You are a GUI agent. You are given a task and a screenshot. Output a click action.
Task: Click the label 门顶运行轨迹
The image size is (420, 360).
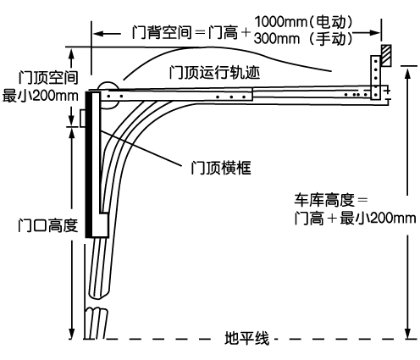tap(214, 73)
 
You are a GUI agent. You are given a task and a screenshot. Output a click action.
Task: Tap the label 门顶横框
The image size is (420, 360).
tap(221, 168)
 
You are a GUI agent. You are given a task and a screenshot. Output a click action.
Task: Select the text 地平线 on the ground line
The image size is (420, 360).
tap(246, 338)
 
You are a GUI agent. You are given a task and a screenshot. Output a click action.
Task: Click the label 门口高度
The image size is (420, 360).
tap(47, 225)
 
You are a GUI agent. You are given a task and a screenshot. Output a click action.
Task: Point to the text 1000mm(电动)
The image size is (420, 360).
tap(304, 22)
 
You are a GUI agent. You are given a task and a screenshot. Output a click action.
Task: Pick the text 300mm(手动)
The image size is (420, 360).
tap(303, 39)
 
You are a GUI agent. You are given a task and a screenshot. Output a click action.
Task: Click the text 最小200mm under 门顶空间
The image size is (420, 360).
tap(41, 96)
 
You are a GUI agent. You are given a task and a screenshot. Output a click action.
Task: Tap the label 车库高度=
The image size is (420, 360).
tap(331, 200)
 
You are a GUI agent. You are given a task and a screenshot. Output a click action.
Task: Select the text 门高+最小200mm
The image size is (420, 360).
tap(355, 219)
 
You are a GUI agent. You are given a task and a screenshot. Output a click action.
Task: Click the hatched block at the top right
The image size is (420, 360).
tap(386, 56)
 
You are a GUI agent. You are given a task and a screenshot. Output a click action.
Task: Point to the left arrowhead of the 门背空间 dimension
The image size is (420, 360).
tap(98, 34)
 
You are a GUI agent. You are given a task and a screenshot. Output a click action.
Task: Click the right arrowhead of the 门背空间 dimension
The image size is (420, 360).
tap(375, 33)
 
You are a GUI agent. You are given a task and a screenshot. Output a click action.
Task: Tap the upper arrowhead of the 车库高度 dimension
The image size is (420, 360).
tap(407, 73)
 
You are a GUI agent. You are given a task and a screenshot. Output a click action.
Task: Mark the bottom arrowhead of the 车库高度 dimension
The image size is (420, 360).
tap(407, 333)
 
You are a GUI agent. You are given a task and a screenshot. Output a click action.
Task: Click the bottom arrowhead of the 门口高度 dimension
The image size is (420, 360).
tap(72, 333)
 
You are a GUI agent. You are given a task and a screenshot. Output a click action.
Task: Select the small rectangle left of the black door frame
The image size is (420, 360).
tap(83, 119)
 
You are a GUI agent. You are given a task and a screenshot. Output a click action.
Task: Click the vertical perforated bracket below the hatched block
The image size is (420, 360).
tap(375, 78)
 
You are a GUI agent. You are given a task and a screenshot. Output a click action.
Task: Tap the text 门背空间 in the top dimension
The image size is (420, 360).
tap(162, 32)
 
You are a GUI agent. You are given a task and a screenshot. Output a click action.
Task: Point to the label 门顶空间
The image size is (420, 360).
tap(48, 78)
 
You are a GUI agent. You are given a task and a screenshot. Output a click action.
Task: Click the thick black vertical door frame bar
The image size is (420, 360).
tap(89, 164)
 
